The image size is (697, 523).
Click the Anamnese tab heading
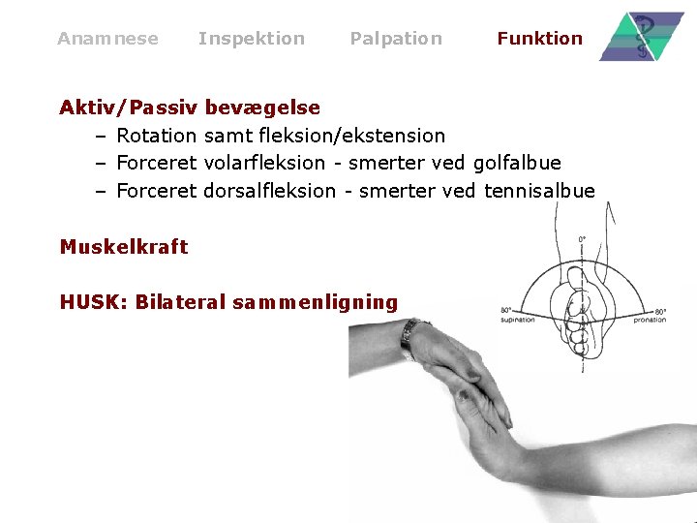click(x=107, y=39)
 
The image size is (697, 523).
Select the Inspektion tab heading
click(x=251, y=39)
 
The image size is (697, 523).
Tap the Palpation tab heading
click(x=395, y=39)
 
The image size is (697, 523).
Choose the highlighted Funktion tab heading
click(x=539, y=39)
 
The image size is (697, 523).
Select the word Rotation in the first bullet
click(x=157, y=136)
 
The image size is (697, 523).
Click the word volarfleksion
click(x=264, y=163)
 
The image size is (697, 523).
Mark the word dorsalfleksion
click(x=270, y=191)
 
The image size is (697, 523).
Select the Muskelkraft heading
click(x=124, y=247)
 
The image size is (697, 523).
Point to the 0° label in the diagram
click(x=583, y=239)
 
